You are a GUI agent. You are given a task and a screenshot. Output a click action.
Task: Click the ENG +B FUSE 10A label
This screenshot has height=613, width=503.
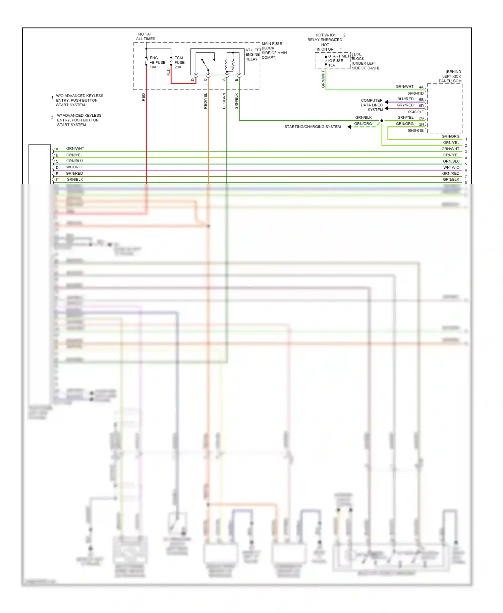(x=157, y=62)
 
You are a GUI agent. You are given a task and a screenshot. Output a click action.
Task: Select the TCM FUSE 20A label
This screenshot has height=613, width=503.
(x=179, y=62)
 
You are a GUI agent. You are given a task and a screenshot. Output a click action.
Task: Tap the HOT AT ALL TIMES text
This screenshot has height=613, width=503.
(x=145, y=37)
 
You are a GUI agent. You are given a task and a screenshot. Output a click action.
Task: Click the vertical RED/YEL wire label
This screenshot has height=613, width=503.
(x=206, y=101)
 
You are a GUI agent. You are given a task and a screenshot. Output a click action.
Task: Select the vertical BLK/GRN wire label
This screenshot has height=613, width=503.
(x=224, y=101)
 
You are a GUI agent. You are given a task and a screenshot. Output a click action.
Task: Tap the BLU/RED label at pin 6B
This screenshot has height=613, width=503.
(x=405, y=99)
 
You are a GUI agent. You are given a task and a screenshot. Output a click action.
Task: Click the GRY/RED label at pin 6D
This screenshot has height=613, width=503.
(x=405, y=105)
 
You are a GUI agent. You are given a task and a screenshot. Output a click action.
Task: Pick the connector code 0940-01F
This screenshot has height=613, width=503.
(x=415, y=112)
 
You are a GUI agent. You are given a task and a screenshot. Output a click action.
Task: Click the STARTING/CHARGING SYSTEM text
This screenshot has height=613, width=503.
(x=312, y=127)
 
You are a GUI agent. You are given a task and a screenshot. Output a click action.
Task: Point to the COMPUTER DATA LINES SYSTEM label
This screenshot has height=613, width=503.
(x=372, y=105)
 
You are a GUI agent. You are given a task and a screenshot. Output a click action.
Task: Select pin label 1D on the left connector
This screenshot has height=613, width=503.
(x=56, y=168)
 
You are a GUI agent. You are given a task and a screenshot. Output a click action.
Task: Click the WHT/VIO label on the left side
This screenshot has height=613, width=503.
(x=74, y=167)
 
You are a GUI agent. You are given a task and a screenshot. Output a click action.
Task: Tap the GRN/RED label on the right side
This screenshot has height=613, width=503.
(x=450, y=173)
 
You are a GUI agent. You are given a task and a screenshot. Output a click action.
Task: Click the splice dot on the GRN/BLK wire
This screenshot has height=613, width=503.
(x=382, y=121)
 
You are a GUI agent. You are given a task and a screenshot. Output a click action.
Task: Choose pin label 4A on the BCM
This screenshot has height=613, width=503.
(x=421, y=87)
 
